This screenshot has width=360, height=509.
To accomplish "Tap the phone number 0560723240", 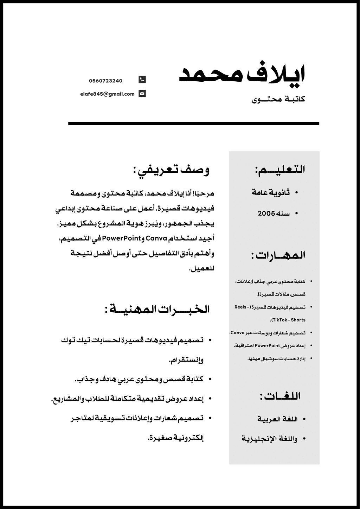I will click(105, 81).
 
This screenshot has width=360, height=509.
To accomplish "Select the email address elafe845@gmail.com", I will click(107, 94).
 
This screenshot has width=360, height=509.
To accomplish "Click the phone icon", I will click(142, 80).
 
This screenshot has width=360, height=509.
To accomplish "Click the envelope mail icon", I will click(142, 94).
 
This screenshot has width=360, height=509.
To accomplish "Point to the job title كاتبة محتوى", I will click(278, 100).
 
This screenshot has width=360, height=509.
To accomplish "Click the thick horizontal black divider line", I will click(193, 123).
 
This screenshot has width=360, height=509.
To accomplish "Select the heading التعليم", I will click(280, 169).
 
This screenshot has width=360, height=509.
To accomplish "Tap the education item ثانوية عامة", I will click(271, 192).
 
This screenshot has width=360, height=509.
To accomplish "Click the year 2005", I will click(266, 214).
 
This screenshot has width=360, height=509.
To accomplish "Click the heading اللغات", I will click(280, 396).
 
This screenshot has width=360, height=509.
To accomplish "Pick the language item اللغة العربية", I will click(277, 419).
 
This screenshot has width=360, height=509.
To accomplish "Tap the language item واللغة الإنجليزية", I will click(269, 439).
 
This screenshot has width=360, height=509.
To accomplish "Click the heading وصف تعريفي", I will click(171, 170).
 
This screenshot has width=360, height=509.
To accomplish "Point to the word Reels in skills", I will click(240, 307).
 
